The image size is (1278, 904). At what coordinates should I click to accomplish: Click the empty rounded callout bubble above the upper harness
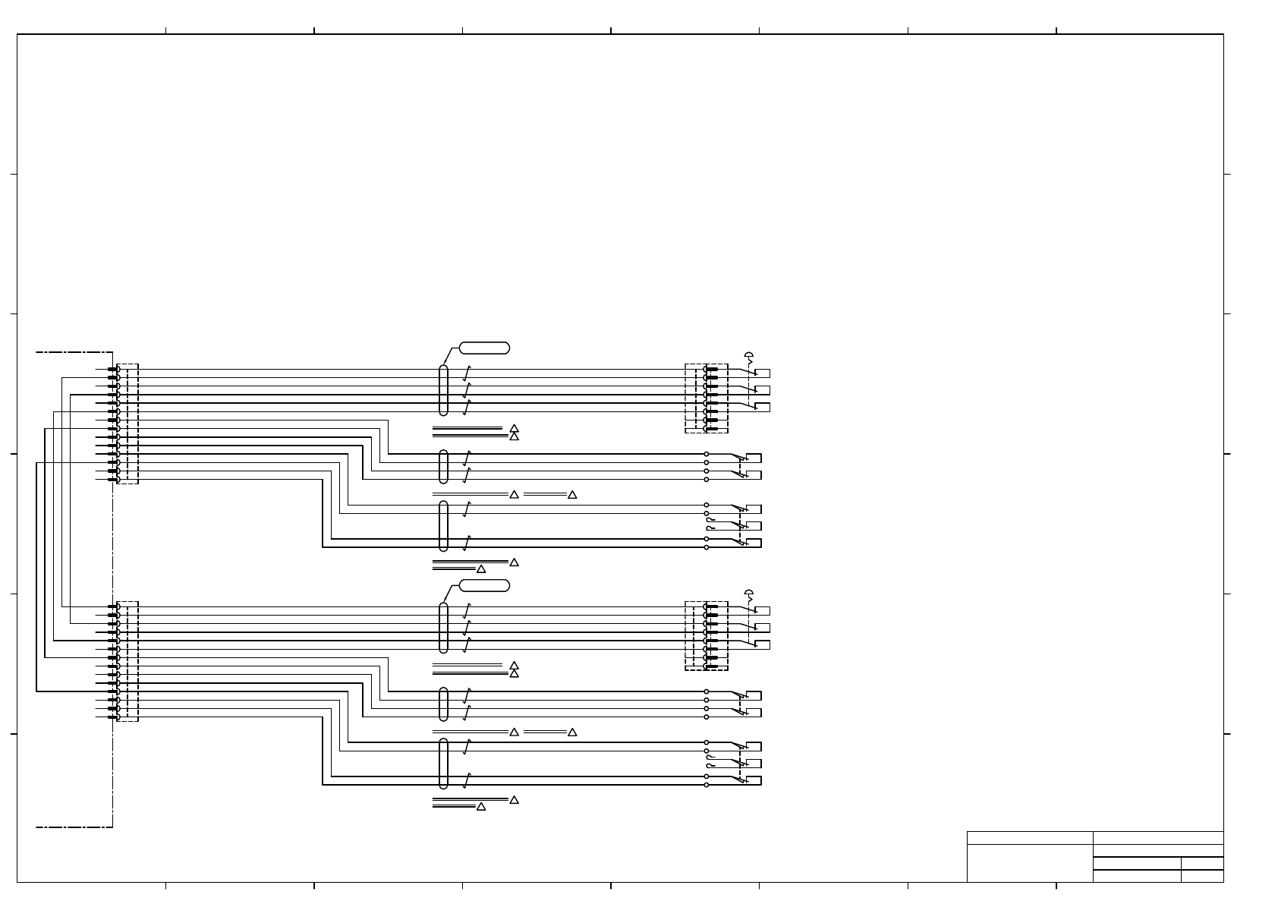point(484,348)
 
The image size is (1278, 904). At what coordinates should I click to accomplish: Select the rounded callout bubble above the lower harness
point(484,585)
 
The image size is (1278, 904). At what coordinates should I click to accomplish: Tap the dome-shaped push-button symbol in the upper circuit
point(749,354)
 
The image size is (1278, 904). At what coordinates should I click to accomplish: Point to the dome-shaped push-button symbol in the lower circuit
point(749,592)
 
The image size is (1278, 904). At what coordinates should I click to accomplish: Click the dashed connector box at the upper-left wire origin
point(128,424)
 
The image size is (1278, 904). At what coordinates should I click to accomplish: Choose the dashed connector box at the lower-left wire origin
point(128,661)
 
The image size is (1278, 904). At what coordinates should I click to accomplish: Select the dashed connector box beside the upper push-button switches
point(707,398)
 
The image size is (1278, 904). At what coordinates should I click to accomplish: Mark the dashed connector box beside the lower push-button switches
point(707,636)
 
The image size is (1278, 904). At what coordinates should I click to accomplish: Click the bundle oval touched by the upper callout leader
point(443,390)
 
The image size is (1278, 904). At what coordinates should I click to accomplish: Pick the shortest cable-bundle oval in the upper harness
point(443,467)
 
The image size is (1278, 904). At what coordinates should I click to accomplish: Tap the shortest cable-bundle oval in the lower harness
point(443,704)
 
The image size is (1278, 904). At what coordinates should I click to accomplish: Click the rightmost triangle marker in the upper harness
point(572,495)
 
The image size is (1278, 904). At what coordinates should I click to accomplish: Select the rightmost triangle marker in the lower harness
point(572,732)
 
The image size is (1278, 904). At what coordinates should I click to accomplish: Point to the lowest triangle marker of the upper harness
point(480,569)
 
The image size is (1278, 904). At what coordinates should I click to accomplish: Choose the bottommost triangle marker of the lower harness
point(480,807)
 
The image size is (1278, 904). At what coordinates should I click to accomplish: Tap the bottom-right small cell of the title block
point(1202,876)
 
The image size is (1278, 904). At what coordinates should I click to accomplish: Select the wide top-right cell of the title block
point(1158,838)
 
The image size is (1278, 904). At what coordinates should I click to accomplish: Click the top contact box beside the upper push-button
point(763,373)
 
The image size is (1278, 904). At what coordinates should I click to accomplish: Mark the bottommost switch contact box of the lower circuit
point(754,780)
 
